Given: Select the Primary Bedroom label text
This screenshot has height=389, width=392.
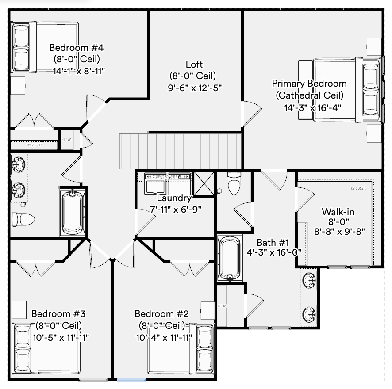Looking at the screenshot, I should click(x=309, y=84).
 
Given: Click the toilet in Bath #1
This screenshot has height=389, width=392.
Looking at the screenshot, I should click(x=233, y=183).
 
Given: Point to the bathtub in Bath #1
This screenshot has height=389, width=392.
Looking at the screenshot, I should click(x=229, y=258).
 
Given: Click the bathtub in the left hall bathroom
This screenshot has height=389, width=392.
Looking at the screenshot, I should click(x=72, y=212).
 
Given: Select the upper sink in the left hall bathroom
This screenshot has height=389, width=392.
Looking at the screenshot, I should click(x=19, y=164).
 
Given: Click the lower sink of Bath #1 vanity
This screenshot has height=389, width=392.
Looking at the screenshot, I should click(x=309, y=313).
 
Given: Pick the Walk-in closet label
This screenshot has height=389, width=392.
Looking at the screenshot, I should click(x=338, y=212).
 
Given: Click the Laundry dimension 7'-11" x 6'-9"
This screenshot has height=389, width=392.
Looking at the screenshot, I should click(x=176, y=209).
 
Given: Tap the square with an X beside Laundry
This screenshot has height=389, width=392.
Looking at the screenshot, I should click(x=204, y=183).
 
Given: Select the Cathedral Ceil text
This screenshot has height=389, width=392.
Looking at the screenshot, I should click(x=309, y=95).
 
